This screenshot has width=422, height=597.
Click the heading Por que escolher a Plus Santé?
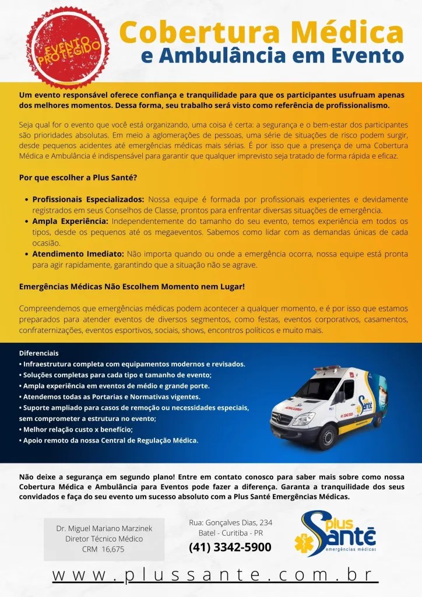click(78, 177)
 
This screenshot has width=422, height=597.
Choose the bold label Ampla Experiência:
click(70, 222)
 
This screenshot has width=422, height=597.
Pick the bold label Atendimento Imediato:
click(78, 254)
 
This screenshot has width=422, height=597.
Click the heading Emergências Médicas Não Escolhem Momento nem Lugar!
click(132, 287)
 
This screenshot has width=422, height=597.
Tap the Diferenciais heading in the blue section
click(39, 353)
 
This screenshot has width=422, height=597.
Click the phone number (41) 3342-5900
click(230, 547)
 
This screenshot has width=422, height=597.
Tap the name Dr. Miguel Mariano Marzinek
click(104, 528)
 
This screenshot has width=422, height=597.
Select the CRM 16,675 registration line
click(103, 549)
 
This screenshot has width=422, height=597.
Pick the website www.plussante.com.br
click(211, 574)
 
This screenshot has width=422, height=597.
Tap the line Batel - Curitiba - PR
click(230, 533)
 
